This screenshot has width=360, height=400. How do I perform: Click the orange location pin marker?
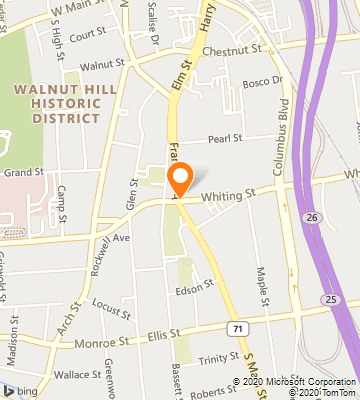(181, 179)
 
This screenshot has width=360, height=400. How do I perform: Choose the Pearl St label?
(225, 140)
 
